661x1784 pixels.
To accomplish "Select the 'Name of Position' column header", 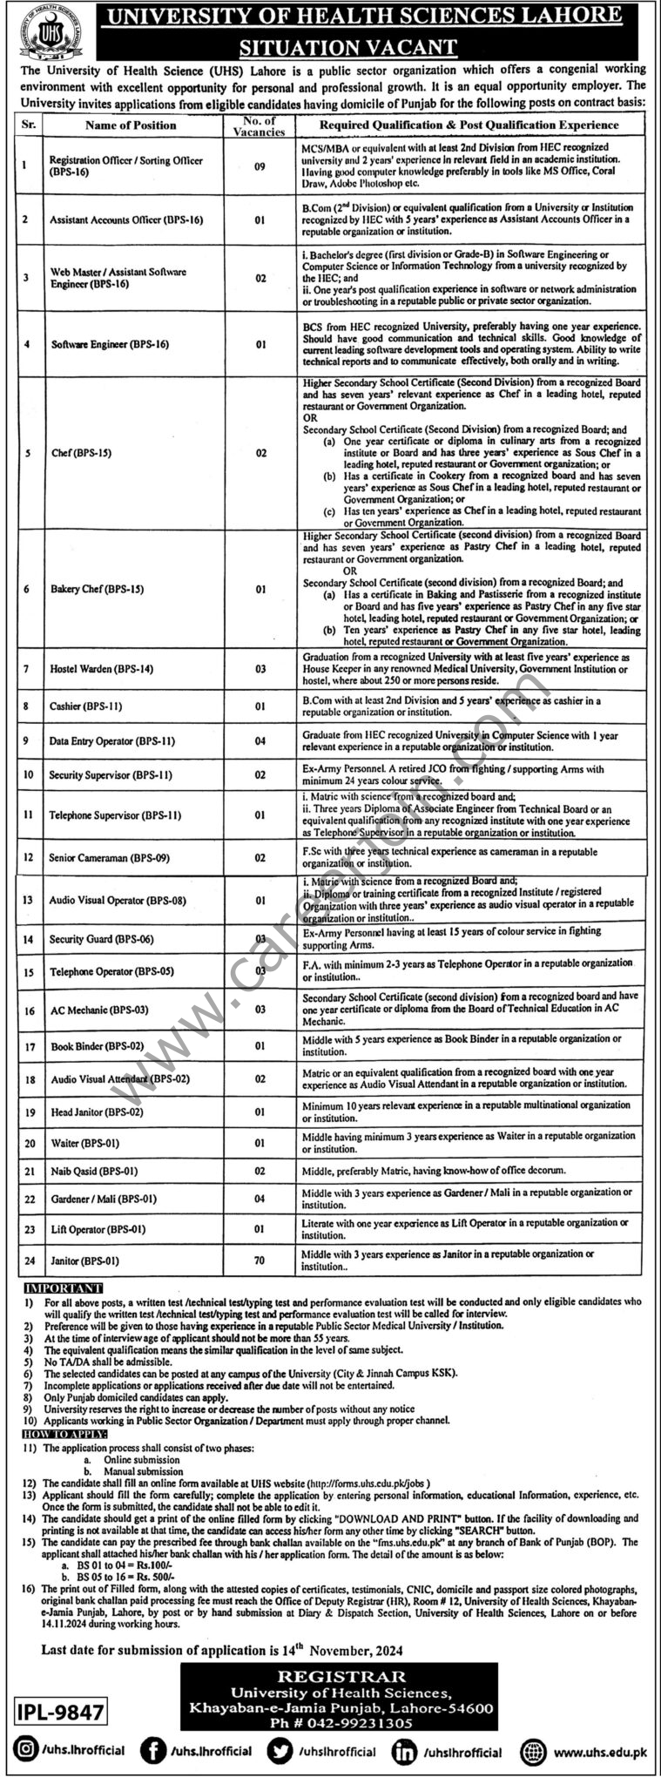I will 131,125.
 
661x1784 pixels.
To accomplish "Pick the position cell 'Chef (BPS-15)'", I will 81,453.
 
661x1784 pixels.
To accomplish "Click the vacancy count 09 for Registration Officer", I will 260,166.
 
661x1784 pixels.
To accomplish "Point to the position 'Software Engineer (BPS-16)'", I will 109,344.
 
